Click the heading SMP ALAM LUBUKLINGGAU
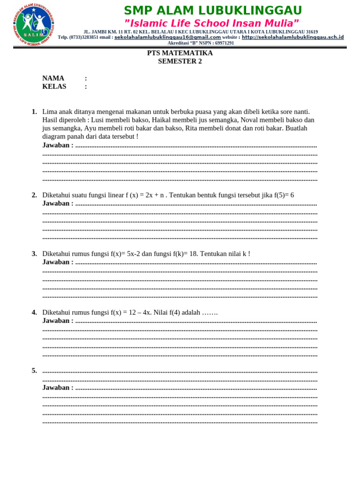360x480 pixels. point(213,11)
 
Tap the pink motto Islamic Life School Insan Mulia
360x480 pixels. point(211,23)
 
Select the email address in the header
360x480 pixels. point(167,37)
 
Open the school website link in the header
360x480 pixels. point(292,37)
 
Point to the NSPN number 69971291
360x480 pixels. point(224,43)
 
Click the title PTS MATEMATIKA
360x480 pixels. point(180,53)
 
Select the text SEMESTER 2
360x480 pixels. point(180,61)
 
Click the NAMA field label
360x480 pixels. point(53,78)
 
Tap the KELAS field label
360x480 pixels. point(54,86)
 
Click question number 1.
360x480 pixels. point(34,112)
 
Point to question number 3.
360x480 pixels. point(34,254)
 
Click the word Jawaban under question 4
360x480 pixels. point(58,321)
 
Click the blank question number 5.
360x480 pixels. point(34,370)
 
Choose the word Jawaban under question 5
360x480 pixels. point(58,388)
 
